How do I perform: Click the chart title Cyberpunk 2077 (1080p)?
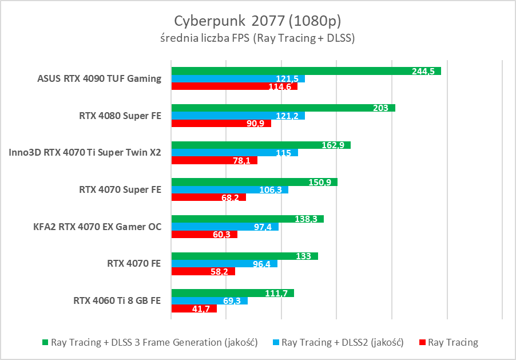257,21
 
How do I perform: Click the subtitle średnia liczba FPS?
257,39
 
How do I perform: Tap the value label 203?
380,108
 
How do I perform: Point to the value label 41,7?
200,309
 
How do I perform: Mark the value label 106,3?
271,190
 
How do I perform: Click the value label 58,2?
219,272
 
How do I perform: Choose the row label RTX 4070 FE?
134,263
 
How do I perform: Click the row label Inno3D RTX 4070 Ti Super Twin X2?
85,152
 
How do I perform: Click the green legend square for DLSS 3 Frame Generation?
45,343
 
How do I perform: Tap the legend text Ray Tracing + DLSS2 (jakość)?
343,343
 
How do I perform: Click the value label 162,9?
333,145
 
